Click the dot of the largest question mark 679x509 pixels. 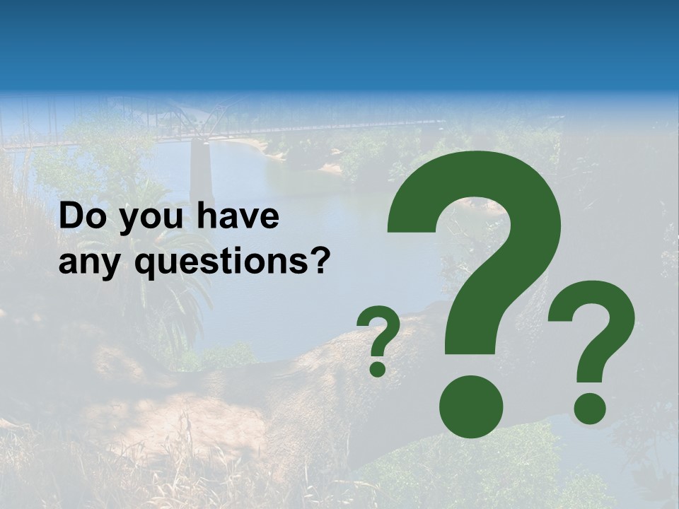pyautogui.click(x=471, y=406)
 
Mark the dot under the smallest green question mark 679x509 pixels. pyautogui.click(x=378, y=368)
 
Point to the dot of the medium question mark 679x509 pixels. pyautogui.click(x=589, y=408)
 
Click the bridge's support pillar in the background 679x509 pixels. pyautogui.click(x=202, y=173)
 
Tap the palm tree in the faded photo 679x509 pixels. pyautogui.click(x=152, y=233)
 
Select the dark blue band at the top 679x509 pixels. pyautogui.click(x=339, y=42)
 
